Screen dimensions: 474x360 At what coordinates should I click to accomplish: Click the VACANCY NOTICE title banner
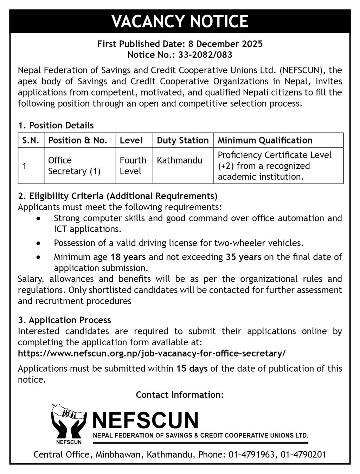pos(180,21)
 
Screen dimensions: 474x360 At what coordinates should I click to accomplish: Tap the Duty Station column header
pos(182,140)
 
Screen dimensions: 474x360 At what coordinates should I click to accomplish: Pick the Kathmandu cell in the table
pos(179,160)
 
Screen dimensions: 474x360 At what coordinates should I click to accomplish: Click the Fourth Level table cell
pos(133,166)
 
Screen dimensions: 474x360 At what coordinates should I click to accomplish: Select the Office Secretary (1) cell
pos(74,166)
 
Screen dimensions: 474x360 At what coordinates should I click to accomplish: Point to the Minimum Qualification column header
pos(265,140)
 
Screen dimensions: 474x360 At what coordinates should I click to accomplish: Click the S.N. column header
pos(31,140)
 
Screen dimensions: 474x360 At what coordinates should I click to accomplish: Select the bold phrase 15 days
pos(192,369)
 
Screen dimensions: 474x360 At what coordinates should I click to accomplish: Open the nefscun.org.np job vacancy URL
pos(152,353)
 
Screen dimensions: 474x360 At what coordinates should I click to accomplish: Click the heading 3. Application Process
pos(65,320)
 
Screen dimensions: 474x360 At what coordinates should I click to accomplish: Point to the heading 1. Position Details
pos(56,126)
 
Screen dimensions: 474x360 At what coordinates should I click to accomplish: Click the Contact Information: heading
pos(180,395)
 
